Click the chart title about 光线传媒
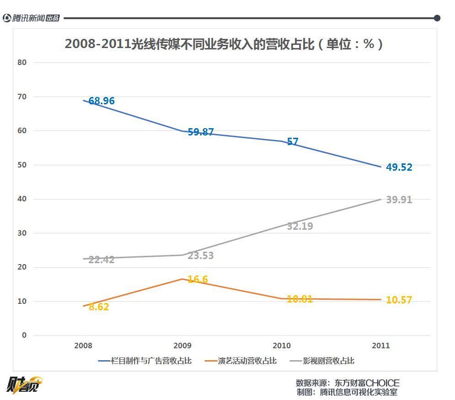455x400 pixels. coord(224,44)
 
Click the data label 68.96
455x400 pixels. coord(102,101)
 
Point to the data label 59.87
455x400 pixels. coord(201,132)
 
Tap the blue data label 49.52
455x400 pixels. coord(399,168)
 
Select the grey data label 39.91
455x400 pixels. coord(399,200)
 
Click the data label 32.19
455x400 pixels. coord(300,226)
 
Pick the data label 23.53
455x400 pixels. coord(201,256)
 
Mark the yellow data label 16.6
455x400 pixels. coord(198,279)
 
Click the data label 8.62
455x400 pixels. coord(99,307)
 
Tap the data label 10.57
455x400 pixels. coord(399,301)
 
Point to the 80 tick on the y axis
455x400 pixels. coord(23,62)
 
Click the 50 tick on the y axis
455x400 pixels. coord(23,165)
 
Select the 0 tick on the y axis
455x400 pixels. coord(24,335)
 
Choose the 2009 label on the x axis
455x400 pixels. coord(182,346)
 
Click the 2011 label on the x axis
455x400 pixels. coord(380,346)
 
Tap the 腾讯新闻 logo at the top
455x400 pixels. coord(31,18)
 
